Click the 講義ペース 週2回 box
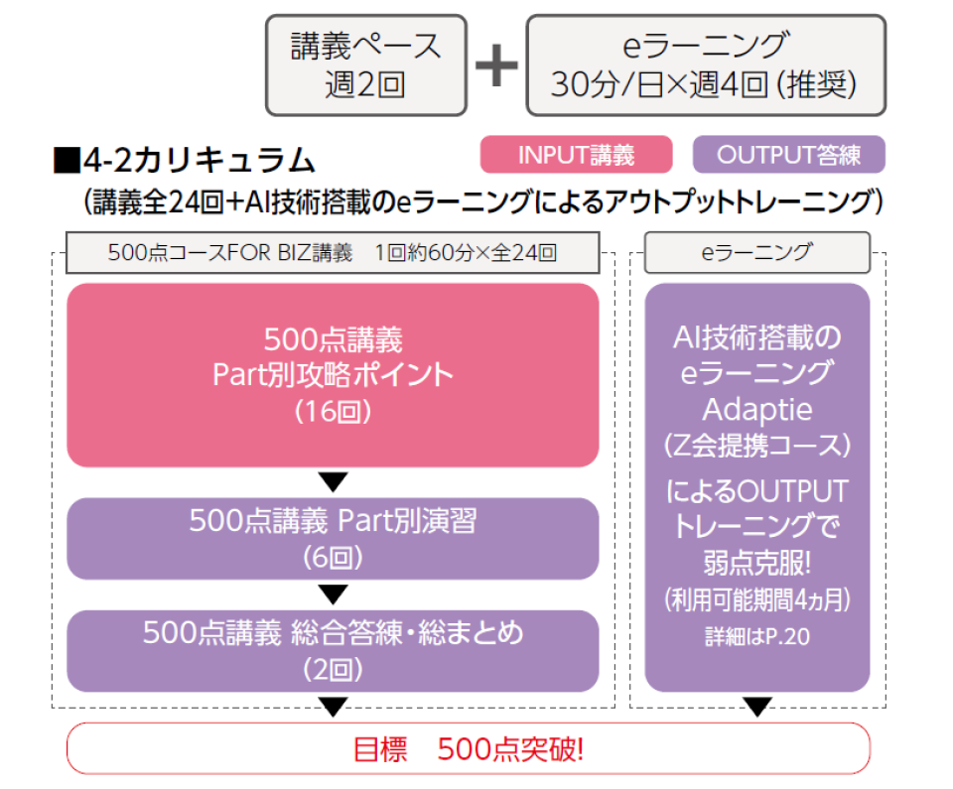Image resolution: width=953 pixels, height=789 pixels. point(365,66)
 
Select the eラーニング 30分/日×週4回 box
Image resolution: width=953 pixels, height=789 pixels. point(705,66)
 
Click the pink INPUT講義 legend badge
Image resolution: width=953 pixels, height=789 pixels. point(576,155)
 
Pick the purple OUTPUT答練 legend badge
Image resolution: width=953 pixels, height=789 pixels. point(788,155)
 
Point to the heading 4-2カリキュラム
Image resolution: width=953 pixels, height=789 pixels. point(199,159)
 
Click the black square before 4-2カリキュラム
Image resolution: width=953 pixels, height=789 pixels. point(67,159)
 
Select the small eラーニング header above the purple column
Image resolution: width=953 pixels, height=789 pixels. point(756,252)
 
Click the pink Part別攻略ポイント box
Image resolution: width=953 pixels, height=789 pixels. point(333,375)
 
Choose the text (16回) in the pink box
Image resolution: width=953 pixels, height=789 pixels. point(333,412)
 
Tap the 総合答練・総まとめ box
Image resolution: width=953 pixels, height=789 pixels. point(333,650)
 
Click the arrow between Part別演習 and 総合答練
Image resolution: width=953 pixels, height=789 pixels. point(334,594)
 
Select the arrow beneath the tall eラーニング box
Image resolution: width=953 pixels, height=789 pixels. point(757,707)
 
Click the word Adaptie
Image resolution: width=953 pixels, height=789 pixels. point(756,409)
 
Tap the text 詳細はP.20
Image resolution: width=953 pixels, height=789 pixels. point(756,636)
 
